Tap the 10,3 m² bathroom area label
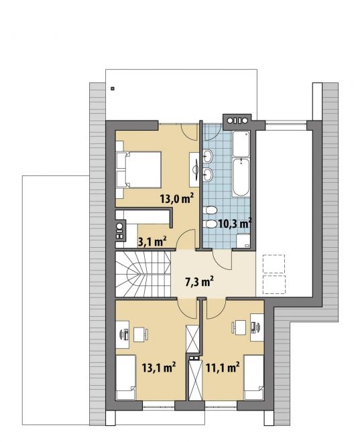(x=235, y=223)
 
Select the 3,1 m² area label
(x=152, y=241)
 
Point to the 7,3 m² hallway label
(x=199, y=281)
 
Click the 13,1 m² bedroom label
(x=159, y=367)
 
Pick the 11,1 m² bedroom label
(x=223, y=367)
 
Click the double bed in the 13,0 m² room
(x=139, y=169)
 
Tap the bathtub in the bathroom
(x=241, y=177)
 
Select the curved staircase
(x=143, y=274)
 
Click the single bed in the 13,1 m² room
(x=126, y=377)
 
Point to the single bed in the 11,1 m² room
(x=254, y=377)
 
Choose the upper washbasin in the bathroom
(x=208, y=155)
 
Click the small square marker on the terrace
(x=113, y=88)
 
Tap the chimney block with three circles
(x=237, y=121)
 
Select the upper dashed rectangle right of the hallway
(x=274, y=264)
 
